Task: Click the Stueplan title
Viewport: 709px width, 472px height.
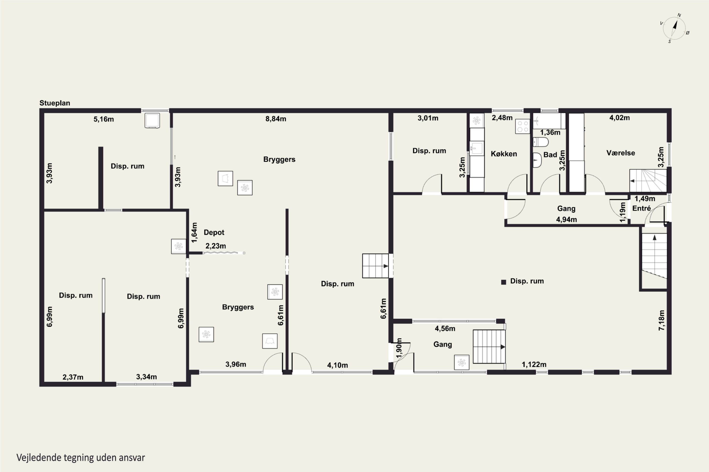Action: coord(55,103)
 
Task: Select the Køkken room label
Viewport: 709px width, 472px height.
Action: coord(504,154)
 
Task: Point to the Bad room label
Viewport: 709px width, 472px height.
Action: coord(550,155)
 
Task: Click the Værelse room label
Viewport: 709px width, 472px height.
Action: coord(621,153)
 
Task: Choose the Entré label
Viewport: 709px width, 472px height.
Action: coord(641,208)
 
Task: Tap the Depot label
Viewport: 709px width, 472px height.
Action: coord(214,232)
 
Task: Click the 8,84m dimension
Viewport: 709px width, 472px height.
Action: coord(276,119)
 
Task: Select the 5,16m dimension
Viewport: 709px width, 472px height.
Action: coord(104,119)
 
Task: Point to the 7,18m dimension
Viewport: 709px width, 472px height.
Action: coord(661,320)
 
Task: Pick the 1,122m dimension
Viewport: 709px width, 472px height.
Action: coord(534,365)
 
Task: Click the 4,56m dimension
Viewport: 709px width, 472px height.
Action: coord(445,329)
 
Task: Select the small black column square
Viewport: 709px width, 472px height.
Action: coord(503,282)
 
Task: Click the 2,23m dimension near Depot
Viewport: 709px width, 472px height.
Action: coord(216,246)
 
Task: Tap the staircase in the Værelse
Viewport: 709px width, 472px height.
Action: coord(648,181)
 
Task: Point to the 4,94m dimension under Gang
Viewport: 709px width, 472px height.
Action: coord(566,219)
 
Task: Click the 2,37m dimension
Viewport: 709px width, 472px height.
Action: coord(73,377)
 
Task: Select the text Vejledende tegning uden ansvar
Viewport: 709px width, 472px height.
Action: coord(81,458)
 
